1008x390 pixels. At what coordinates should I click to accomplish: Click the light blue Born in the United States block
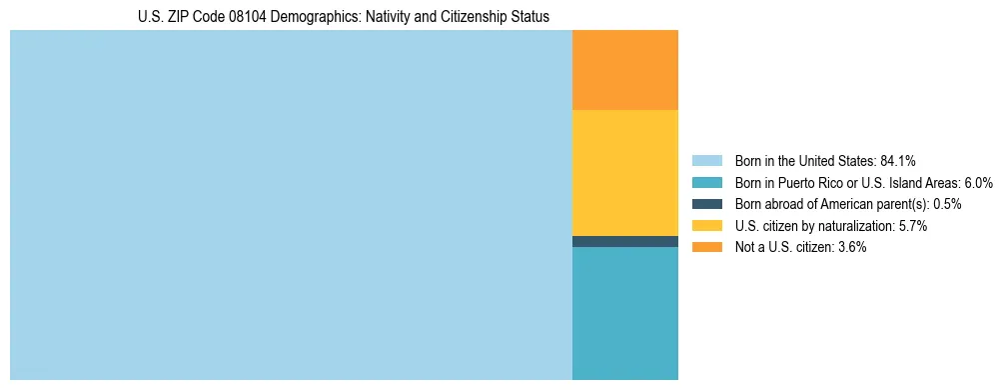point(290,205)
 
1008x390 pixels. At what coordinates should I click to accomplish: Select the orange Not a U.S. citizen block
point(624,70)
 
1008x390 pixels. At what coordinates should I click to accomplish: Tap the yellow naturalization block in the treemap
point(624,172)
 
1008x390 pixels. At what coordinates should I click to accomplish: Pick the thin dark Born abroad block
point(624,241)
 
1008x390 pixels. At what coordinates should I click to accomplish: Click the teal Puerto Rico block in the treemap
point(624,313)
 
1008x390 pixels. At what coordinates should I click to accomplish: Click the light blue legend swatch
point(706,160)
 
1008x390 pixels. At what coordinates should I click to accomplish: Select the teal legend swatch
point(706,182)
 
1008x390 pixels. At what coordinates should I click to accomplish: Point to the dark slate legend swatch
point(706,204)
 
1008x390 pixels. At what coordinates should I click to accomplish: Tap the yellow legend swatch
point(706,226)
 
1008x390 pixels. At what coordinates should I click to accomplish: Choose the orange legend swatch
point(706,247)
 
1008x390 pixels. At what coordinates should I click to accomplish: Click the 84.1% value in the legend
point(898,160)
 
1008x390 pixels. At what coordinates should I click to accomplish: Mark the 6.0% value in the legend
point(977,182)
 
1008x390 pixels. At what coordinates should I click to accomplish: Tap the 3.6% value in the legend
point(850,247)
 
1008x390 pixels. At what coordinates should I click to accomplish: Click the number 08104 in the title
point(246,17)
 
